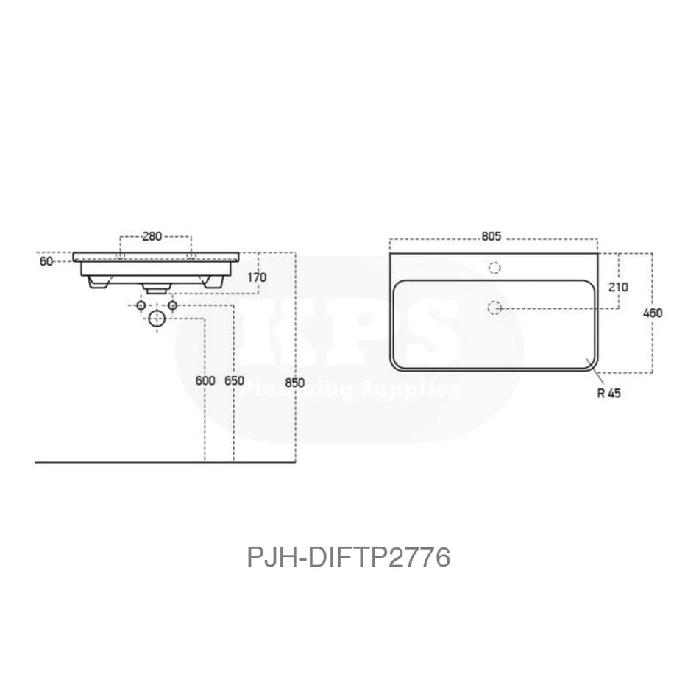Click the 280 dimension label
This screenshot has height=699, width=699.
coord(152,236)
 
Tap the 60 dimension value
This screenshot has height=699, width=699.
coord(46,260)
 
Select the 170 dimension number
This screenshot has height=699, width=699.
coord(257,277)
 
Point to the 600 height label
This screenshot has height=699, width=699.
coord(205,381)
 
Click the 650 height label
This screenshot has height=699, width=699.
coord(234,381)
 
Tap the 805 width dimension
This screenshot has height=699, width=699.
coord(492,236)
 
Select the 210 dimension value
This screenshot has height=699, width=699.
coord(619,286)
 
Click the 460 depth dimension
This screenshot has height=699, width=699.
coord(653,313)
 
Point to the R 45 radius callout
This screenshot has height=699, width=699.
coord(610,393)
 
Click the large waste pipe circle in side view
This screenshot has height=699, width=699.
coord(157,319)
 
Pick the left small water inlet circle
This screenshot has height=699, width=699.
coord(141,305)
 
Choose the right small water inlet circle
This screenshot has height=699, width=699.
coord(172,305)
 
